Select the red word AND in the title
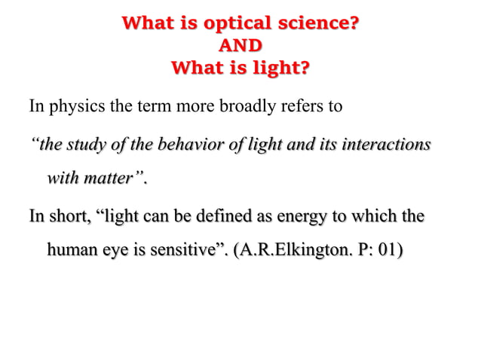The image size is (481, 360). [x=240, y=46]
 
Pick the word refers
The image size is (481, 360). [x=302, y=105]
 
